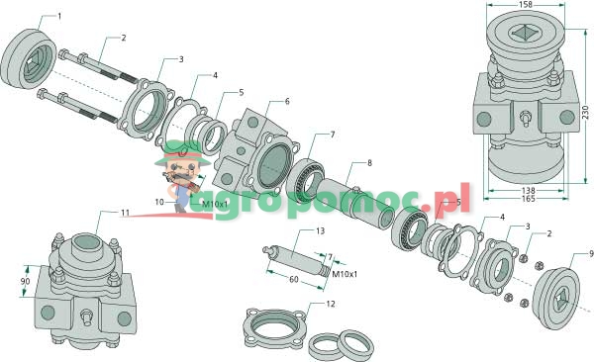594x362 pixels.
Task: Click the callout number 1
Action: pyautogui.click(x=59, y=16)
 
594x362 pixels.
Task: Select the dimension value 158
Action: pyautogui.click(x=526, y=5)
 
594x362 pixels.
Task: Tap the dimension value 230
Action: pyautogui.click(x=586, y=113)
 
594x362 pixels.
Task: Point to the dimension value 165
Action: pyautogui.click(x=528, y=199)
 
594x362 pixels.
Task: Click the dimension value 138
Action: pyautogui.click(x=528, y=190)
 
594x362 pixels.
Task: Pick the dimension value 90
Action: pyautogui.click(x=26, y=281)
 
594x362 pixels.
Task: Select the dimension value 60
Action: pyautogui.click(x=294, y=280)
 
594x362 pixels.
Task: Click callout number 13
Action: pyautogui.click(x=321, y=231)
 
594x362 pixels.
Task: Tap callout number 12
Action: pyautogui.click(x=331, y=304)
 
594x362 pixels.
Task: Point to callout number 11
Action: pyautogui.click(x=126, y=213)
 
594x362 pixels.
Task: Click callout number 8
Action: pyautogui.click(x=369, y=163)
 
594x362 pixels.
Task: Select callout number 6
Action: pyautogui.click(x=287, y=101)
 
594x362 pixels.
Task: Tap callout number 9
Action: pyautogui.click(x=591, y=254)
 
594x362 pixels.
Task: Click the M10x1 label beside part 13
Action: pyautogui.click(x=345, y=274)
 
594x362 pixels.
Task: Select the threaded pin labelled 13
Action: pyautogui.click(x=296, y=260)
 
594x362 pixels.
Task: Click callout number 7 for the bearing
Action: pyautogui.click(x=333, y=135)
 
